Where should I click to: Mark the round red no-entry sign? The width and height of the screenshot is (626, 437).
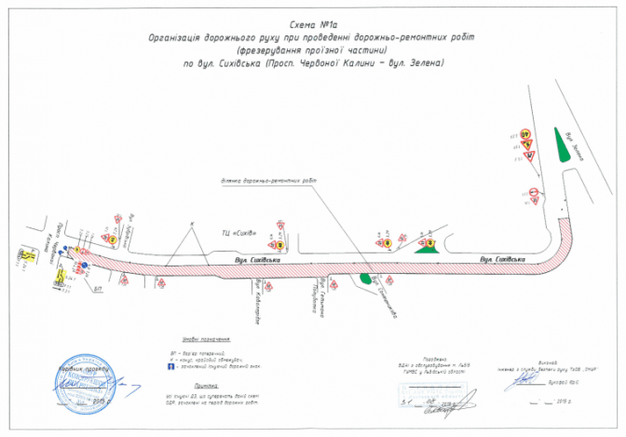click(534, 194)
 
